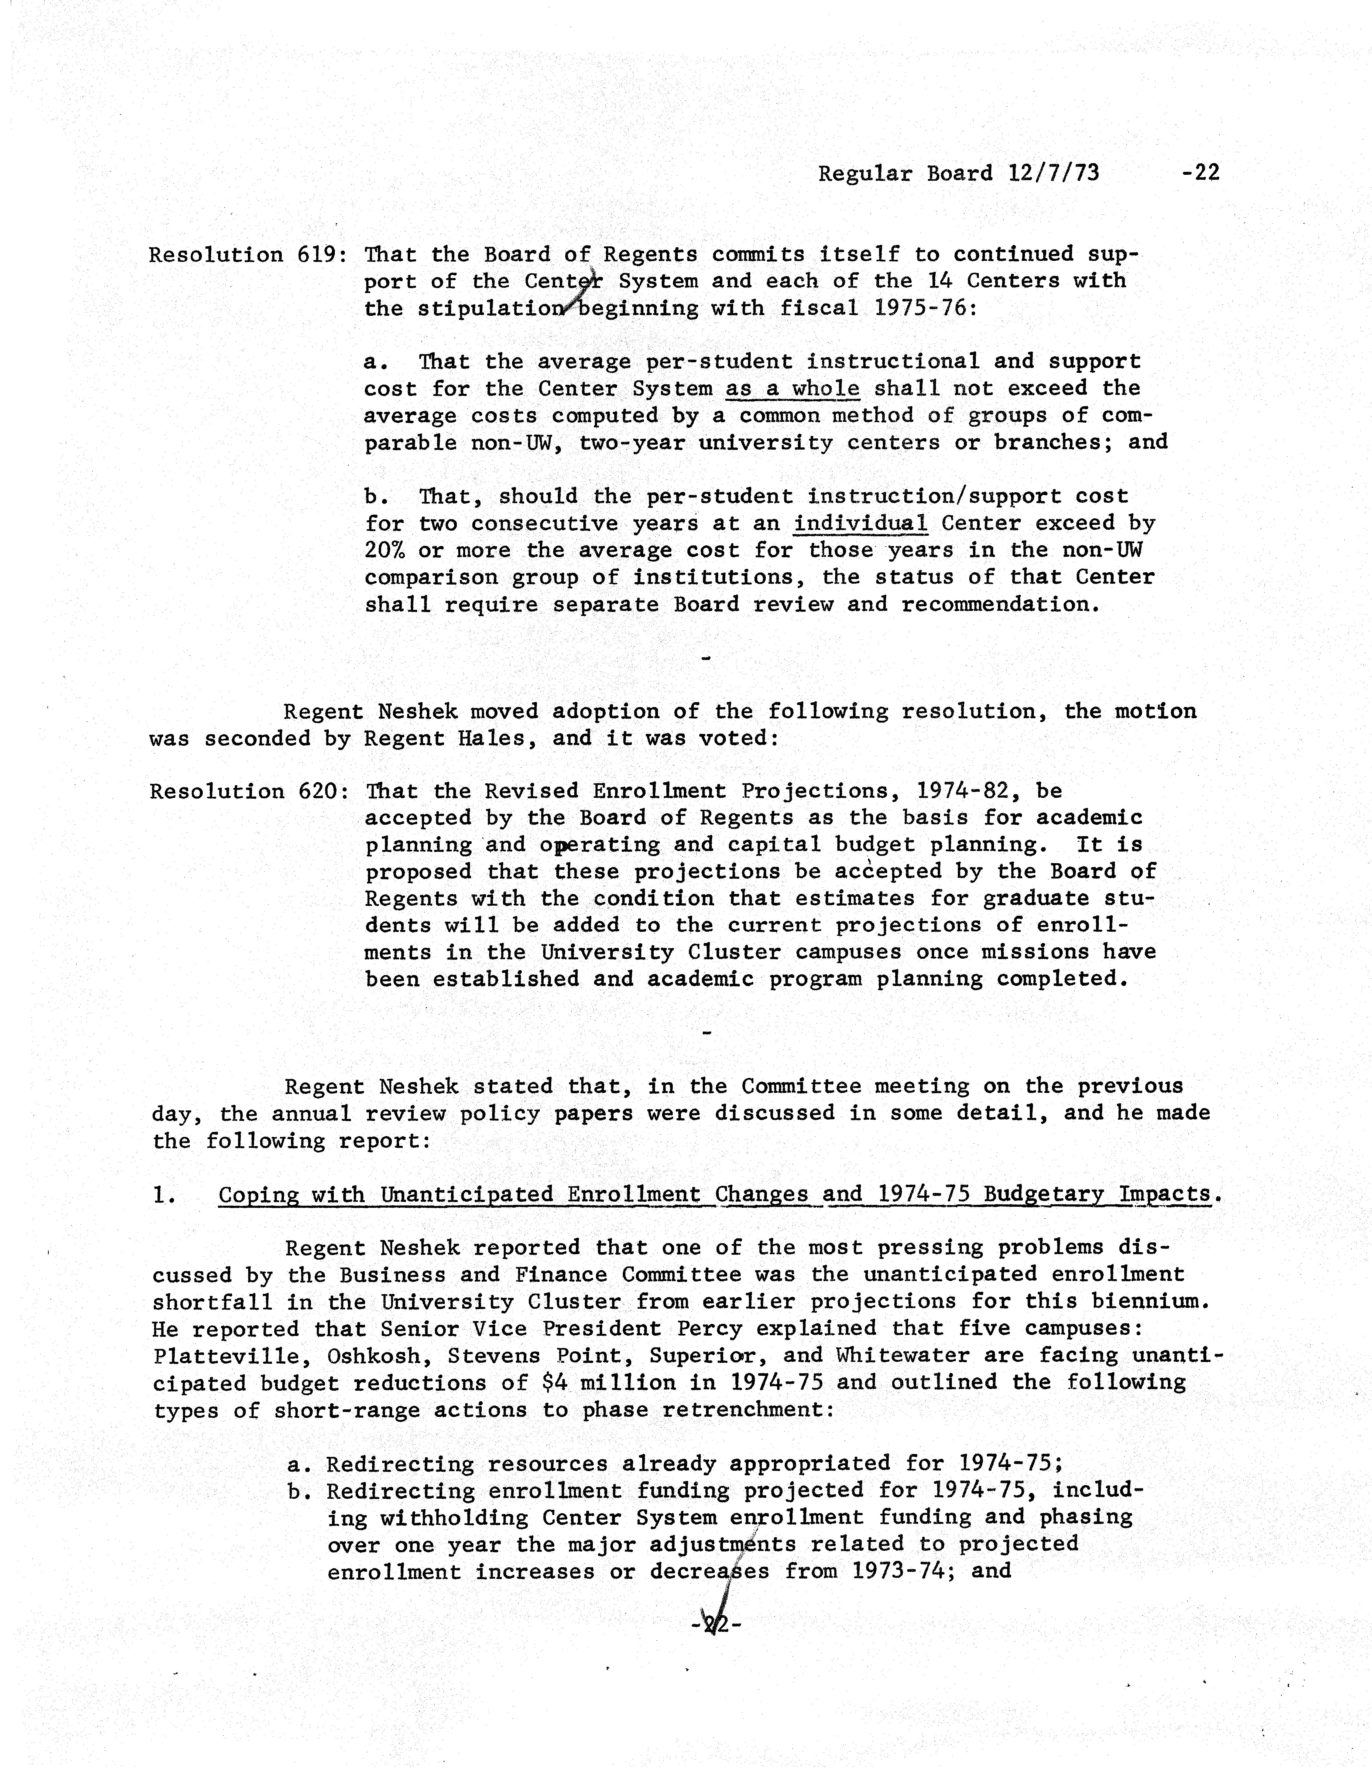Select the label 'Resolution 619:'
249,255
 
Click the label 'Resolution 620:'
249,791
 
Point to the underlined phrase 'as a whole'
792,389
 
